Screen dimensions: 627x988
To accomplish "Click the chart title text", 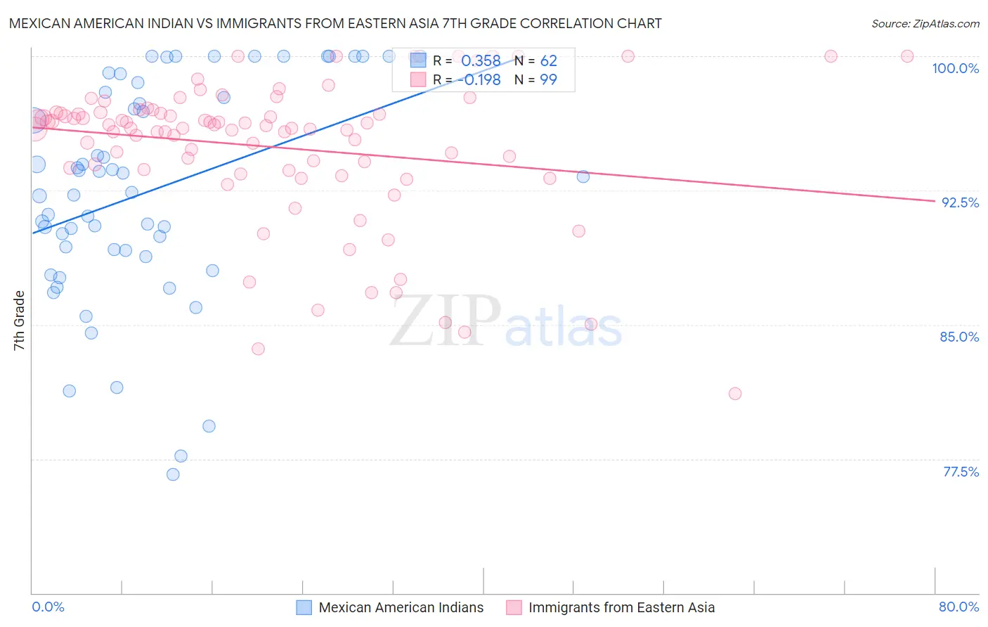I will click(x=335, y=23).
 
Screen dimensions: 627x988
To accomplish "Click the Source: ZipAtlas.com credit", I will click(x=925, y=23).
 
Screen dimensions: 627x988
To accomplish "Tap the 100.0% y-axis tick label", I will click(x=955, y=68).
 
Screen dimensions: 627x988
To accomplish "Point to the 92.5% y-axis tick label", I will click(x=960, y=202).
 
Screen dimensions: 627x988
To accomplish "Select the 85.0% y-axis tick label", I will click(x=959, y=337).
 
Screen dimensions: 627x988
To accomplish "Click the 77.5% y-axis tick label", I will click(x=961, y=472).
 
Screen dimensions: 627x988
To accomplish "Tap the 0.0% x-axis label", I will click(x=48, y=607).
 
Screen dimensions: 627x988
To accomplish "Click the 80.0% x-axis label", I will click(x=958, y=607).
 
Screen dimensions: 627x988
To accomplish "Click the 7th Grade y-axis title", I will click(x=19, y=320).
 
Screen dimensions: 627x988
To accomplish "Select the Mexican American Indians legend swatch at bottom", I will click(x=304, y=607).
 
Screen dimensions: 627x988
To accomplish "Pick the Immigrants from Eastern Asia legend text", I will click(x=621, y=607).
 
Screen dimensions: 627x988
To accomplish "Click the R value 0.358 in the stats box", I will click(x=481, y=61).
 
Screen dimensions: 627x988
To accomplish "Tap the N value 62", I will click(x=548, y=61).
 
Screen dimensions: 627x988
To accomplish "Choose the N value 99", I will click(x=548, y=79).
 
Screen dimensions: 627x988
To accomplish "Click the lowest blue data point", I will click(x=173, y=474).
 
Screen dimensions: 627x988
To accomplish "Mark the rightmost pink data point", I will click(x=907, y=56).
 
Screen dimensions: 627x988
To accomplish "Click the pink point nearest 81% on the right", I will click(x=735, y=394).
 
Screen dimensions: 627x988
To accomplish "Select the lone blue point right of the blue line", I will click(x=583, y=176).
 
